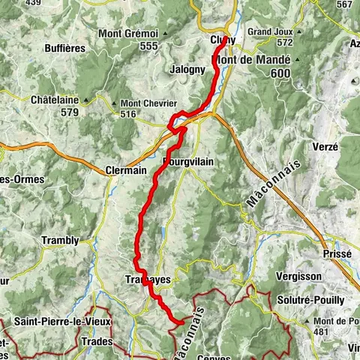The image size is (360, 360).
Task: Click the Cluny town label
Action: click(223, 40)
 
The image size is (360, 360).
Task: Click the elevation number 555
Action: click(148, 46)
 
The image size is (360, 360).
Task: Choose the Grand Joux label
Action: click(269, 32)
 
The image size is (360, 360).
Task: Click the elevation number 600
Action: click(281, 73)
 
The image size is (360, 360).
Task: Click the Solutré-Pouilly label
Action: click(313, 300)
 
